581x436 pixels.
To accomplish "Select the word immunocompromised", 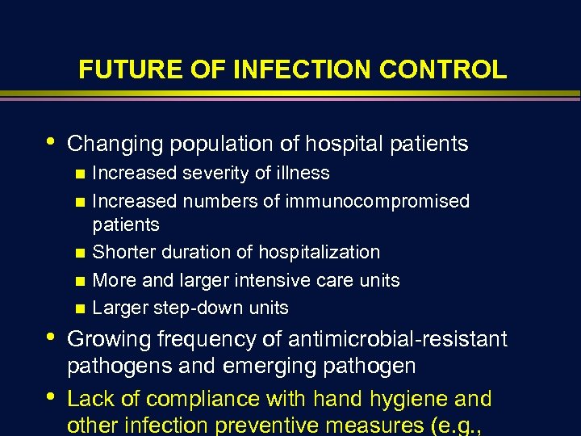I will click(x=377, y=200).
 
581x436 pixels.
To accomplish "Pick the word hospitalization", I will click(x=316, y=252).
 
